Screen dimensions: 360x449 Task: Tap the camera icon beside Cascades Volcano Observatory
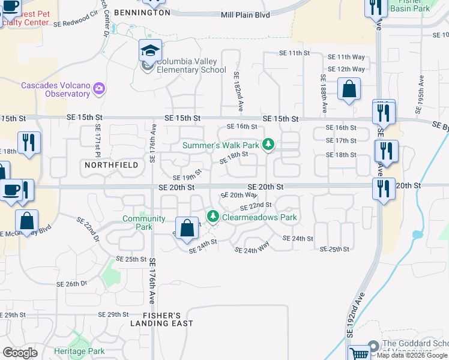(x=99, y=90)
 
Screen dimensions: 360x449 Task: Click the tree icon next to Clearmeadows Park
(x=212, y=216)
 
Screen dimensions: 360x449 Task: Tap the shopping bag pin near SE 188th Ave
(x=349, y=91)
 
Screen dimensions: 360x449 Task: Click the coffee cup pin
(x=11, y=191)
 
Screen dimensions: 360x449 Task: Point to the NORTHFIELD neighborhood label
(x=111, y=164)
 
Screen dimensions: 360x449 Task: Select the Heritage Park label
(x=79, y=350)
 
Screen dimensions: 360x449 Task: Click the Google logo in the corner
(x=20, y=352)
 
